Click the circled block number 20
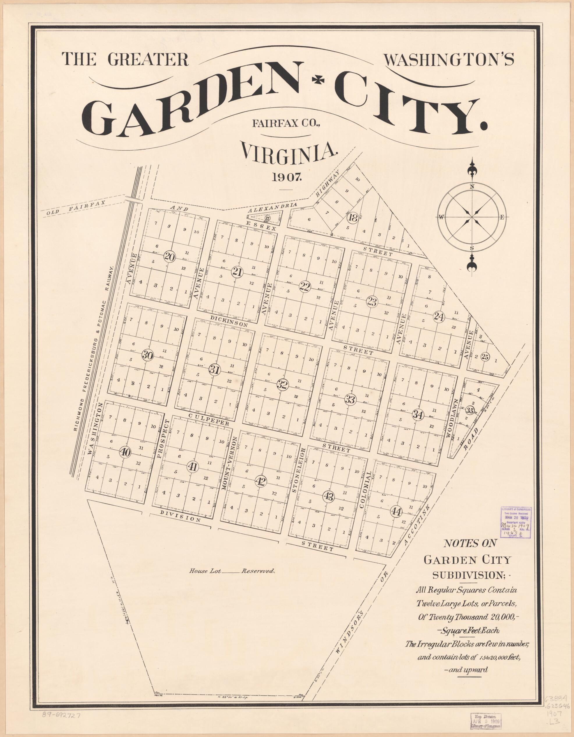pos(169,257)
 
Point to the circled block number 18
pos(353,218)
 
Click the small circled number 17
pos(267,218)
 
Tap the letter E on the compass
pos(502,218)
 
